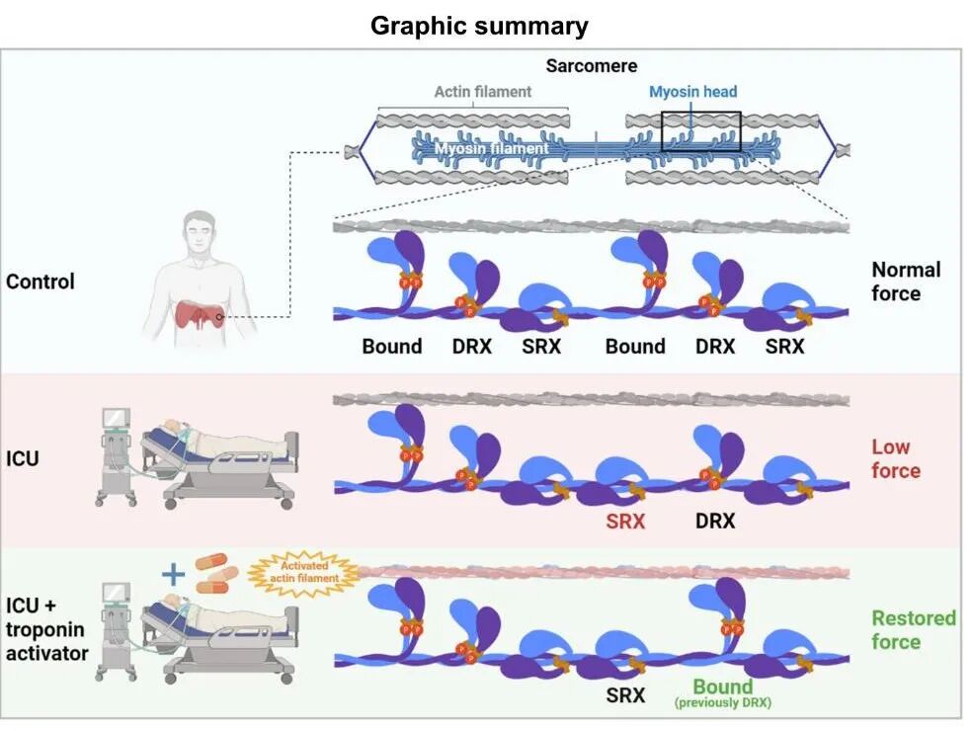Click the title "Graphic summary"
click(x=479, y=26)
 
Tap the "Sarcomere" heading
click(x=592, y=66)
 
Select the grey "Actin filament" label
click(x=483, y=92)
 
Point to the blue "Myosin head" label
click(x=693, y=92)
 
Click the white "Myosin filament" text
click(x=491, y=148)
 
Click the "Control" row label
click(x=40, y=282)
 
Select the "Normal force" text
click(x=906, y=282)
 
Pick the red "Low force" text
click(x=896, y=458)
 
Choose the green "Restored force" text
click(x=914, y=630)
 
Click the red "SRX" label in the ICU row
click(x=625, y=522)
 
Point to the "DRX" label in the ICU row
click(x=715, y=522)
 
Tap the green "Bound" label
click(x=723, y=687)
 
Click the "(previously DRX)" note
click(x=723, y=703)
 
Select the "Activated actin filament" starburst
click(x=304, y=573)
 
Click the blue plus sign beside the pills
click(x=173, y=574)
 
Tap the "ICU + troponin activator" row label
click(x=47, y=629)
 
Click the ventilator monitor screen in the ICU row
click(x=116, y=418)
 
